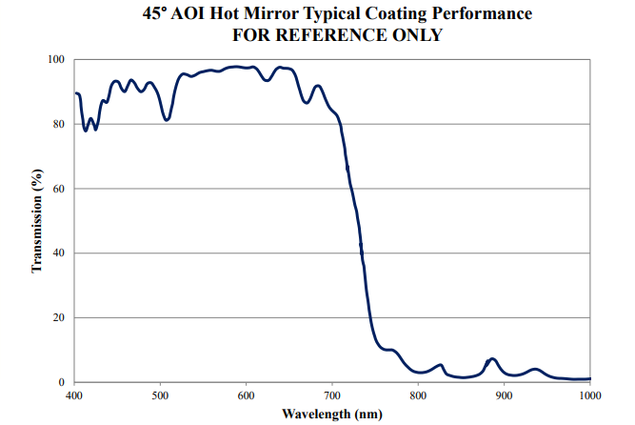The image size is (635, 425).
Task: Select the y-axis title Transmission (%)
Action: pos(37,220)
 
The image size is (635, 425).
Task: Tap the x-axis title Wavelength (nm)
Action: pos(331,414)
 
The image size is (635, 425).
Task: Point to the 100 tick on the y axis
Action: pos(56,60)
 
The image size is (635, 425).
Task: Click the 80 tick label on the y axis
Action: pos(59,125)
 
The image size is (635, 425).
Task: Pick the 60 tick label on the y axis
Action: pos(59,189)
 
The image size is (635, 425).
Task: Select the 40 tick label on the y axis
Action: pos(59,253)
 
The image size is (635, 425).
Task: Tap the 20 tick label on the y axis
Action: pos(59,317)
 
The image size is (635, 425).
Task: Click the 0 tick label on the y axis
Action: pos(62,382)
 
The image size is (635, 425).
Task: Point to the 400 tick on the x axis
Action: pos(74,395)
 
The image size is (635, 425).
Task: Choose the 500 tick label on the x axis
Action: pos(160,395)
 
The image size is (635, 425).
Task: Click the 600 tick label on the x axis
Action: pos(247,395)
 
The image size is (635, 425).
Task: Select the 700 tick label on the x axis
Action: pos(332,395)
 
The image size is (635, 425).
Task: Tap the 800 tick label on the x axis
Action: pos(418,395)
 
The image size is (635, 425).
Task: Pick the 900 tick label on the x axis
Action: pos(505,395)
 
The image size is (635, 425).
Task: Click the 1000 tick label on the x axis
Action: pos(588,395)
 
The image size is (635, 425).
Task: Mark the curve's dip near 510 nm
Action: pos(167,120)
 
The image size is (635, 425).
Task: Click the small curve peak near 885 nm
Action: pos(491,359)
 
